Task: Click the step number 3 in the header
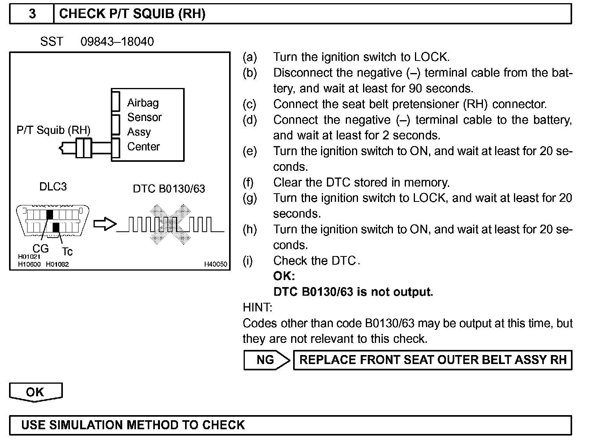(x=32, y=14)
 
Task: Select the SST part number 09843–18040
(x=117, y=42)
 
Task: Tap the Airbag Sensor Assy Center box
(x=148, y=124)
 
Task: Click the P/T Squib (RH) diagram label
(x=53, y=130)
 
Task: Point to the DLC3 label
(x=53, y=187)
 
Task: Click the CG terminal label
(x=40, y=248)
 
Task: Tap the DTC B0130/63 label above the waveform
(x=169, y=189)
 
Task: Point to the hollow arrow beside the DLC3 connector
(x=105, y=224)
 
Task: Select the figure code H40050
(x=215, y=264)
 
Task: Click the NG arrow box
(x=267, y=360)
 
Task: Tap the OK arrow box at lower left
(x=35, y=392)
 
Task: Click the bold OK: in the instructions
(x=284, y=276)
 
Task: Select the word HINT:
(x=257, y=308)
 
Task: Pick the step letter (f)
(x=248, y=182)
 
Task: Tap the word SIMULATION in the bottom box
(x=84, y=425)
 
